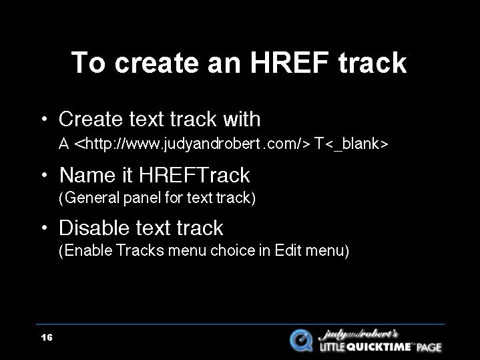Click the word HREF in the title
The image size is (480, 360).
coord(290,62)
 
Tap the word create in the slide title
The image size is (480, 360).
coord(156,63)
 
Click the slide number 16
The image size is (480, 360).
coord(47,337)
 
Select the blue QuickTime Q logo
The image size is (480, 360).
coord(301,340)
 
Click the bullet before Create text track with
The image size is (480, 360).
coord(45,119)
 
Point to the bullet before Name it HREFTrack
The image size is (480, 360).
coord(45,175)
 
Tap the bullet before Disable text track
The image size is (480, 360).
coord(45,228)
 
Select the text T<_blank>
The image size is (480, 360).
coord(351,144)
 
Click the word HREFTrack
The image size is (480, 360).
coord(194,175)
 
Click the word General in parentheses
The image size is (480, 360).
coord(92,198)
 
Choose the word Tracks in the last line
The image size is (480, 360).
coord(140,250)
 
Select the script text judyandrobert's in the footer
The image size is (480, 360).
coord(358,335)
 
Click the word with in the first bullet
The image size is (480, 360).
coord(242,119)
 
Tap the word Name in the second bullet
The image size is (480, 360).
coord(87,175)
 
